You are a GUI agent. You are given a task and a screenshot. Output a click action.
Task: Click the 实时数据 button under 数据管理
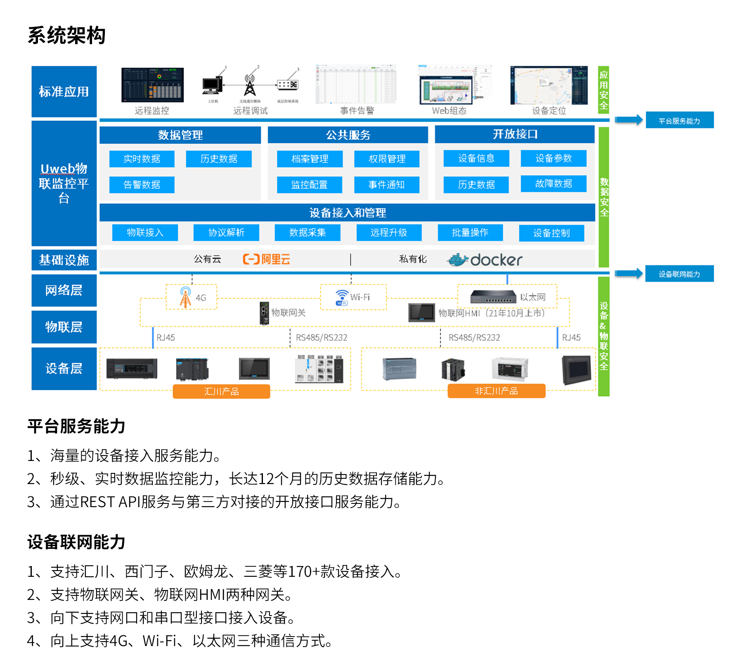(x=142, y=159)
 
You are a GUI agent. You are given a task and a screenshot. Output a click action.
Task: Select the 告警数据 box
(x=142, y=185)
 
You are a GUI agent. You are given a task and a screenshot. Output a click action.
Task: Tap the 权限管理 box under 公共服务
(x=387, y=159)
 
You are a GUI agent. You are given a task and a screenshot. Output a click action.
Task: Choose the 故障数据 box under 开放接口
(x=554, y=183)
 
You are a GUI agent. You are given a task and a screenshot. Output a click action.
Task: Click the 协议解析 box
(x=226, y=233)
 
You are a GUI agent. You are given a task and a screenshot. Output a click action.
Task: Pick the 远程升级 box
(x=389, y=233)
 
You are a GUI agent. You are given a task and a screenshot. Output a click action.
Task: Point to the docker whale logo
(x=458, y=260)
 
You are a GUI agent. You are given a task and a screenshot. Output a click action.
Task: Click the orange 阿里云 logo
(x=267, y=259)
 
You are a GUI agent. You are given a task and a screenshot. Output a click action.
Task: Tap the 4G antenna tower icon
(x=185, y=297)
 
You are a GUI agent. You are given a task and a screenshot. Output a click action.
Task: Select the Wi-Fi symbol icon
(x=342, y=297)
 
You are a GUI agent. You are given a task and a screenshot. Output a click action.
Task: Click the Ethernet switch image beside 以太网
(x=493, y=296)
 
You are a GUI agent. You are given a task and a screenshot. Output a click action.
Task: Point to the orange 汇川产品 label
(x=221, y=391)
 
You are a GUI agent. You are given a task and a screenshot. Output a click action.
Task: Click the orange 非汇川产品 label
(x=496, y=391)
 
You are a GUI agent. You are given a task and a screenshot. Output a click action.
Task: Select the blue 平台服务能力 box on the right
(x=679, y=120)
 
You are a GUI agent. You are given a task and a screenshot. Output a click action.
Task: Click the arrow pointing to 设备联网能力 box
(x=629, y=273)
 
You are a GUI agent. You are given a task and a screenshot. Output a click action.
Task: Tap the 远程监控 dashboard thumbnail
(x=152, y=85)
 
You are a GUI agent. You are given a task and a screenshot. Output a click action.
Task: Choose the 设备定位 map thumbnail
(x=549, y=85)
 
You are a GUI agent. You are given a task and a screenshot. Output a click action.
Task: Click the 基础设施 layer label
(x=64, y=260)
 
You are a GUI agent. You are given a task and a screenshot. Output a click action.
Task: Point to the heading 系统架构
(x=66, y=35)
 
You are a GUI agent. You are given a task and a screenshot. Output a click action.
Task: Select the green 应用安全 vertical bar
(x=603, y=90)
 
